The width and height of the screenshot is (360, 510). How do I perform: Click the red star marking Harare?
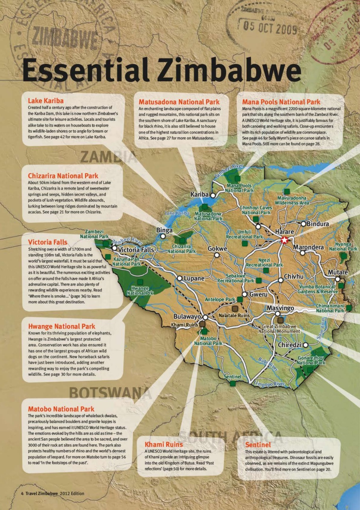(284, 240)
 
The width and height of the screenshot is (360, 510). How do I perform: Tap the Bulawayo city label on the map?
(187, 317)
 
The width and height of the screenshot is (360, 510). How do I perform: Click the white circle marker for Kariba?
(213, 195)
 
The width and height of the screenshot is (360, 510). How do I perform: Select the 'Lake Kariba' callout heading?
(45, 101)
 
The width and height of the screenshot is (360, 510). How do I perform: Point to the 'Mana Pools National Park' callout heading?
(281, 102)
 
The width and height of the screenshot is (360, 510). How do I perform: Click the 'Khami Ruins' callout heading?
(164, 444)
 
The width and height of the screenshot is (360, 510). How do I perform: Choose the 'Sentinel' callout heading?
(258, 444)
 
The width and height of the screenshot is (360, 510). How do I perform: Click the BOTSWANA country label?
(110, 393)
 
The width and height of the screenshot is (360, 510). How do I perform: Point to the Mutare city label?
(338, 273)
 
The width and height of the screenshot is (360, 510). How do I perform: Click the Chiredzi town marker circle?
(305, 345)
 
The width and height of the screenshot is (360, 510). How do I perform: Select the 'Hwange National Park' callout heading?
(62, 326)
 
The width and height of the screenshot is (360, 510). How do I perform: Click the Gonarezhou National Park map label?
(311, 361)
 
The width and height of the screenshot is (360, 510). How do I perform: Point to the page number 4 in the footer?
(22, 493)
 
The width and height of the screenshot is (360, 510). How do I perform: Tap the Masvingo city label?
(280, 308)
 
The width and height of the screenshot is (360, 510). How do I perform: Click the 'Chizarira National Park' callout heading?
(63, 176)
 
